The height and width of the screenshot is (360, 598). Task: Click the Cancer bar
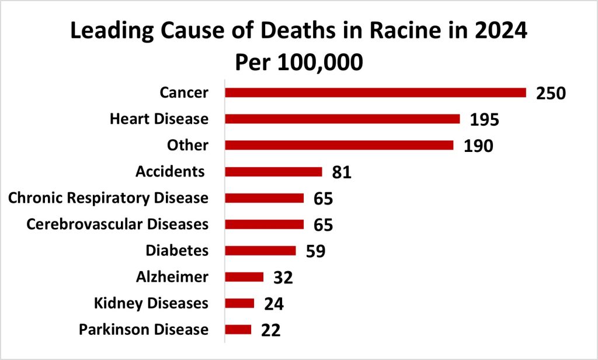point(376,92)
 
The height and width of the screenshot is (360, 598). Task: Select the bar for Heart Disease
point(342,119)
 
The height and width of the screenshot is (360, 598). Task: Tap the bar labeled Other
point(339,145)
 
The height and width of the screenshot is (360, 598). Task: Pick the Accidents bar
point(273,171)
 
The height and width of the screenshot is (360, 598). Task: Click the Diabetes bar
point(260,251)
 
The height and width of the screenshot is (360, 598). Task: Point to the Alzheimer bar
point(244,277)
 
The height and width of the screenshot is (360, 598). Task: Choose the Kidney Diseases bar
point(239,303)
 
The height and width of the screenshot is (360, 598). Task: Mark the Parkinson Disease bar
point(238,330)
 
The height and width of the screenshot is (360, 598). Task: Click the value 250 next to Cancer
point(551,94)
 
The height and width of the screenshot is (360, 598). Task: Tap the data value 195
point(485,120)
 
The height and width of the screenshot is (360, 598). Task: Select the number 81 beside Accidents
point(342,172)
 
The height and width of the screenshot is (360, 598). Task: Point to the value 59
point(315,251)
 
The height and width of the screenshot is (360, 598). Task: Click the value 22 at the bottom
point(271,330)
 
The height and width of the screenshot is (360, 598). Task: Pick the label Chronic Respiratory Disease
point(108,198)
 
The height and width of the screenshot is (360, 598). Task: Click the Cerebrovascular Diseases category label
point(117,224)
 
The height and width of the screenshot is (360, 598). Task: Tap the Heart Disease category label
point(159,119)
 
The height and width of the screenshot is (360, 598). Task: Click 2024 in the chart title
point(498,32)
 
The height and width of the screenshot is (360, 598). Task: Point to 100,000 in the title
point(318,62)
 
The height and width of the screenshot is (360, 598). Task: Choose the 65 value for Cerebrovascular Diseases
point(323,225)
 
